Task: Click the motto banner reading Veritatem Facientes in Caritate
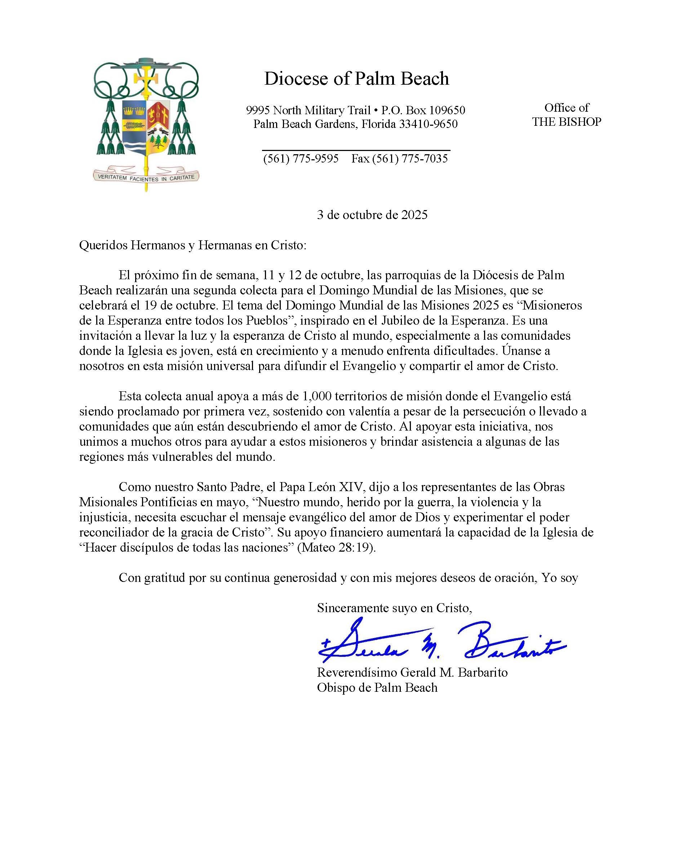pyautogui.click(x=146, y=178)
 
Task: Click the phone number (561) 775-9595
pyautogui.click(x=301, y=159)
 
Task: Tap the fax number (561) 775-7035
pyautogui.click(x=410, y=159)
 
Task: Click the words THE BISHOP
pyautogui.click(x=566, y=122)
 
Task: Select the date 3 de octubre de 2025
pyautogui.click(x=372, y=215)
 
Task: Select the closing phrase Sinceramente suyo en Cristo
pyautogui.click(x=394, y=608)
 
